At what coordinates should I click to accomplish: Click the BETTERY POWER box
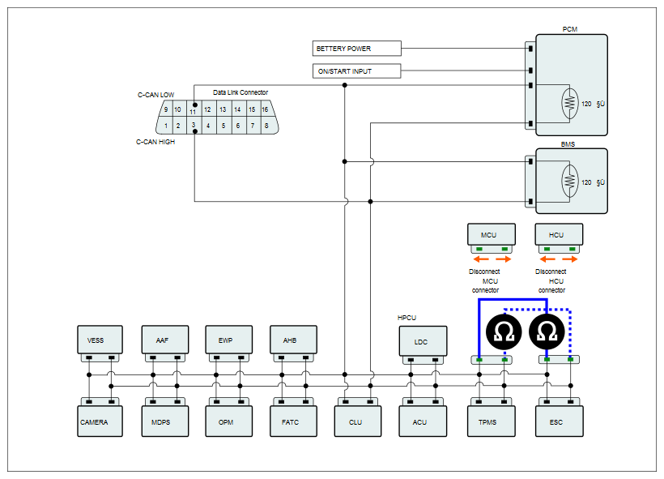(356, 49)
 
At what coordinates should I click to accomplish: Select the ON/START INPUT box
(356, 71)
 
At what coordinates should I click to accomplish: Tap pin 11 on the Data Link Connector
(194, 109)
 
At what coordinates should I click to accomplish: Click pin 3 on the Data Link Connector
(194, 126)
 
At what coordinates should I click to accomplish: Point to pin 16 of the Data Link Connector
(265, 109)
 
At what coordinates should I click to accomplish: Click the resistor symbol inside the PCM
(569, 103)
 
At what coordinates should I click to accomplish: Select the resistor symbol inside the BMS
(569, 182)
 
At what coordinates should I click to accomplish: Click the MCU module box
(492, 234)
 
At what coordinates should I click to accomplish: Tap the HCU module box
(559, 234)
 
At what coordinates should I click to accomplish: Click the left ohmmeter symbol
(504, 332)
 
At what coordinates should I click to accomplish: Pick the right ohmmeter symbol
(547, 332)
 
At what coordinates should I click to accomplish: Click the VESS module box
(100, 340)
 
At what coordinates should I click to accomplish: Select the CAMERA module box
(100, 421)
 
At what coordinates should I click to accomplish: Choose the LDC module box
(423, 341)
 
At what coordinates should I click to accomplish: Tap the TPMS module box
(492, 421)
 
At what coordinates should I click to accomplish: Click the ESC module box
(559, 421)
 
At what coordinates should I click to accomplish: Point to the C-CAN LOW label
(155, 95)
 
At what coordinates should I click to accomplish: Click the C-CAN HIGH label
(155, 142)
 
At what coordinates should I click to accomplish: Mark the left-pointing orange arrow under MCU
(481, 259)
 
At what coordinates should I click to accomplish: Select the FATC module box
(293, 421)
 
